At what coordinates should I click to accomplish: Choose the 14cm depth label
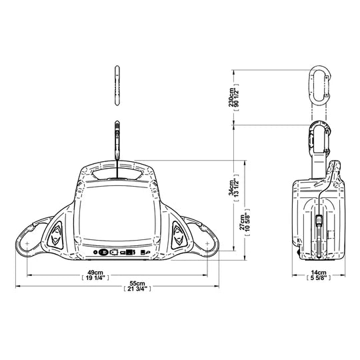coord(319,273)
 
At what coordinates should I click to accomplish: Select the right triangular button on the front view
coord(178,233)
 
